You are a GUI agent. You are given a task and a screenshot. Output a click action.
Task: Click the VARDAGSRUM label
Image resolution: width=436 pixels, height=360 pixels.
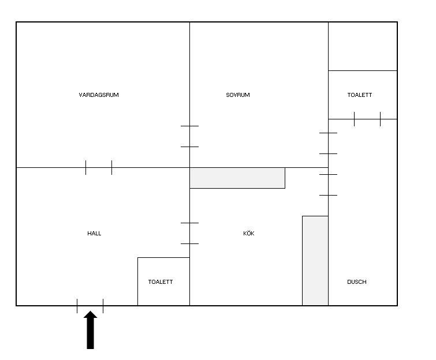pyautogui.click(x=99, y=95)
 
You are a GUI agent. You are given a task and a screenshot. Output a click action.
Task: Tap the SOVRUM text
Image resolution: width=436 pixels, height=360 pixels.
pyautogui.click(x=238, y=95)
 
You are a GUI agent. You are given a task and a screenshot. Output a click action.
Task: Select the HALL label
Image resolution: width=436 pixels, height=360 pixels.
pyautogui.click(x=94, y=233)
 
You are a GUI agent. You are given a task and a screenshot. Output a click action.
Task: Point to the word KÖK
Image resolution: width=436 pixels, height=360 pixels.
pyautogui.click(x=248, y=233)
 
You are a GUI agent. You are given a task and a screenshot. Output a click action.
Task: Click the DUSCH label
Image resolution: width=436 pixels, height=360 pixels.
pyautogui.click(x=357, y=282)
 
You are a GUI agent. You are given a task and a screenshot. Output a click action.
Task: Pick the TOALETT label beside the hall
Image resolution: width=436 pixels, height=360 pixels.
pyautogui.click(x=161, y=282)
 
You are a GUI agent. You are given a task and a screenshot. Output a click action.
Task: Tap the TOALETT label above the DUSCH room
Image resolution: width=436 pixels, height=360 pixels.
pyautogui.click(x=360, y=95)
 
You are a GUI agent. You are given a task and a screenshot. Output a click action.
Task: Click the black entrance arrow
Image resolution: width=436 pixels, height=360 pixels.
pyautogui.click(x=90, y=330)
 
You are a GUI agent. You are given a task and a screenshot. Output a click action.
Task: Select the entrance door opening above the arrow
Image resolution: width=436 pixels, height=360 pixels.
pyautogui.click(x=90, y=306)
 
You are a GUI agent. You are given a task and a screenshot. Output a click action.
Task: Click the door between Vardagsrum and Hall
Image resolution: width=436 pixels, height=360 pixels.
pyautogui.click(x=99, y=167)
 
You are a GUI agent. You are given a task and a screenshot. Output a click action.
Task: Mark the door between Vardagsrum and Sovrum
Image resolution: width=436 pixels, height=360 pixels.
pyautogui.click(x=189, y=136)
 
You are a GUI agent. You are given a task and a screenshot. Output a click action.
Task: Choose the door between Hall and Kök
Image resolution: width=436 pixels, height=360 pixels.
pyautogui.click(x=189, y=233)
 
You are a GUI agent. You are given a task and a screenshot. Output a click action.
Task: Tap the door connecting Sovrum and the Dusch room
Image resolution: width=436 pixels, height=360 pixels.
pyautogui.click(x=328, y=143)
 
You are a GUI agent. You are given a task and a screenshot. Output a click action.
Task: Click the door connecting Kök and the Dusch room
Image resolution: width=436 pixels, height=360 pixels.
pyautogui.click(x=328, y=185)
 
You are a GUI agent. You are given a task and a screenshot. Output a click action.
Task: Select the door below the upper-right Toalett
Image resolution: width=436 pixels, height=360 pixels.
pyautogui.click(x=367, y=119)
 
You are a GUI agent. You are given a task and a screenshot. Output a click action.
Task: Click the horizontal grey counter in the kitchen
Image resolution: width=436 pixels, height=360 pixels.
pyautogui.click(x=237, y=178)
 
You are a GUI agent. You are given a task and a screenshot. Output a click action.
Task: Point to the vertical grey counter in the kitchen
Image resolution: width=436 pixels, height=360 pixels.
pyautogui.click(x=315, y=261)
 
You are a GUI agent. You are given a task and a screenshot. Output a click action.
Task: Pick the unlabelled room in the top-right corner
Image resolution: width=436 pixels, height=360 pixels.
pyautogui.click(x=363, y=46)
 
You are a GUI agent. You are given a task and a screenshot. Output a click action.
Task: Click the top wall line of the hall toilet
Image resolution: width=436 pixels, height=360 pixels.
pyautogui.click(x=163, y=257)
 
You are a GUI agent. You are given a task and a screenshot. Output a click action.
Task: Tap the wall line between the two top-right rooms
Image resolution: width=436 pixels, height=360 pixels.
pyautogui.click(x=363, y=70)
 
